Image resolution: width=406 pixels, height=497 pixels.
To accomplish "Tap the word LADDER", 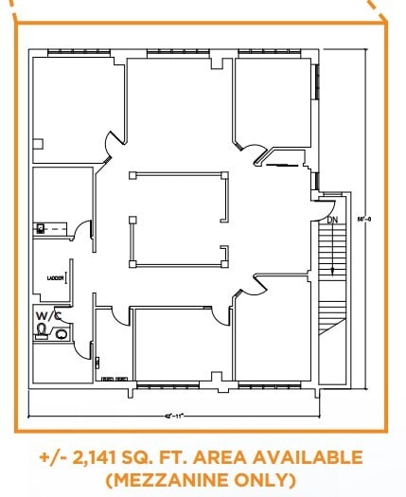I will (x=55, y=277).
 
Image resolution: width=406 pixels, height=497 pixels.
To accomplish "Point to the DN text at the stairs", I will (x=331, y=220).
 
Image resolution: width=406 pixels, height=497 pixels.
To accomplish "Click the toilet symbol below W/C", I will (x=42, y=329).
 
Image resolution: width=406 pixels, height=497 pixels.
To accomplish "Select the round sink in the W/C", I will (x=62, y=333).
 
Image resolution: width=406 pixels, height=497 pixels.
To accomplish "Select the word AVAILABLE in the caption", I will (x=309, y=458).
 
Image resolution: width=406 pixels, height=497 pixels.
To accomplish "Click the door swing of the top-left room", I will (x=112, y=142).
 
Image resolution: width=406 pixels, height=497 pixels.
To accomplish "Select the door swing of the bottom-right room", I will (x=250, y=285).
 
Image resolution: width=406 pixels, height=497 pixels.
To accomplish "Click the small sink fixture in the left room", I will (x=41, y=228).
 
